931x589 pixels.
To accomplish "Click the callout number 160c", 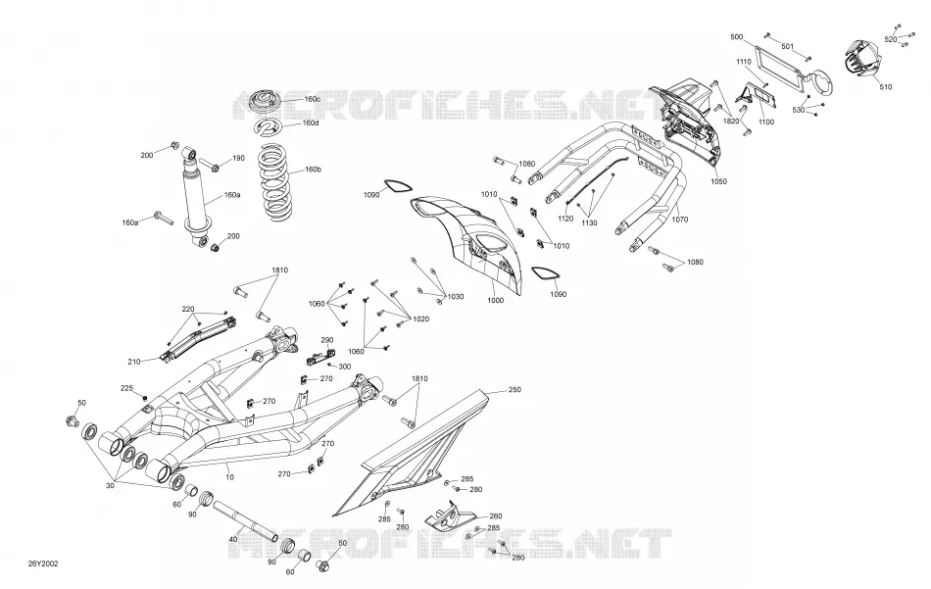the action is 313,99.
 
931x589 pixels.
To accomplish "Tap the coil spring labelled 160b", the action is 276,184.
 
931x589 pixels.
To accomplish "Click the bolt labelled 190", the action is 209,165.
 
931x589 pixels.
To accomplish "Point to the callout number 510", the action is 885,86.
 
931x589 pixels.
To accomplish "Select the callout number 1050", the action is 718,181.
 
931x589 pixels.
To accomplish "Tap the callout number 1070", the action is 680,220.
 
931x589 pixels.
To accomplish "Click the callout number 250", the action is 514,389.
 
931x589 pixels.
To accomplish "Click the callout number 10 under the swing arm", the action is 230,476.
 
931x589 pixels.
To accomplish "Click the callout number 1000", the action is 495,301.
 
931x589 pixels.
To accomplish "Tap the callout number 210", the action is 133,362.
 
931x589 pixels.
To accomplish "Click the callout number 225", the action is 127,388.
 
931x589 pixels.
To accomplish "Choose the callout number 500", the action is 736,37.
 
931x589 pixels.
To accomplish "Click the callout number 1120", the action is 565,219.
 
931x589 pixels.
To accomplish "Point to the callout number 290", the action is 327,340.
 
